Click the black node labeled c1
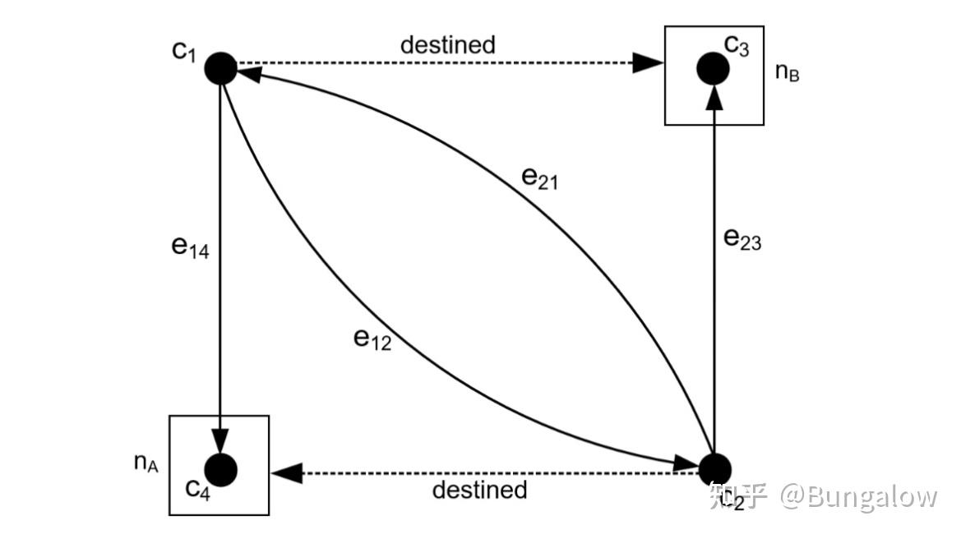coord(220,68)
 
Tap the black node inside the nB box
coord(713,68)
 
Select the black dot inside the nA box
coord(220,469)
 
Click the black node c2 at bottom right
coord(714,469)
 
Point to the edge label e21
coord(540,177)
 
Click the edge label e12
coord(372,339)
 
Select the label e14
coord(191,247)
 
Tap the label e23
coord(742,239)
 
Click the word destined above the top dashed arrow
coord(448,44)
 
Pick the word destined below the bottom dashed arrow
coord(479,490)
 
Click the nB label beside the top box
coord(787,71)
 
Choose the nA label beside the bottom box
coord(146,463)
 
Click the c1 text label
coord(183,50)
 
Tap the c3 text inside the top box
coord(736,44)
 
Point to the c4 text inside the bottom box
coord(197,490)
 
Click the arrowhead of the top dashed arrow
coord(647,62)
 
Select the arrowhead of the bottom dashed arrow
coord(287,472)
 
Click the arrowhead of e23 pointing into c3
coord(714,99)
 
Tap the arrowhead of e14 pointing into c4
coord(220,438)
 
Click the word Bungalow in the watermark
coord(871,496)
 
